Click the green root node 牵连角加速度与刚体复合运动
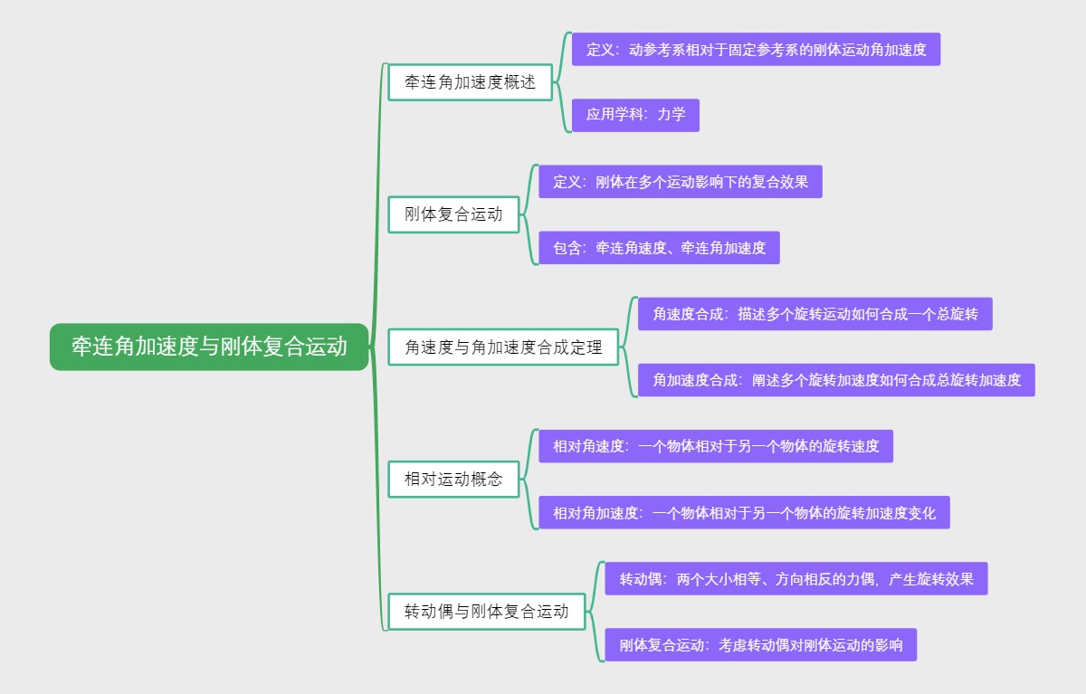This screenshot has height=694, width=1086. [x=209, y=347]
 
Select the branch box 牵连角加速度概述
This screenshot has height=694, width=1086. [x=470, y=82]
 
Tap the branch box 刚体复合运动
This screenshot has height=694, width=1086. [x=453, y=214]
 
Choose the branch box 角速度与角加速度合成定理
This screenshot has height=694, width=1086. [x=503, y=347]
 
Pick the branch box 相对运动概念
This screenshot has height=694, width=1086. [x=453, y=479]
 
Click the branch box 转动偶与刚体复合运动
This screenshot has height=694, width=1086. [x=487, y=611]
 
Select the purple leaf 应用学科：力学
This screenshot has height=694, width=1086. [x=635, y=115]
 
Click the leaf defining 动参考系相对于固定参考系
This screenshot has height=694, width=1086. [x=756, y=50]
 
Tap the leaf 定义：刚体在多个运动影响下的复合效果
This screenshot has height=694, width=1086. [x=681, y=182]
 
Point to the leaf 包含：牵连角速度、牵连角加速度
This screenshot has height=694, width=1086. [x=659, y=248]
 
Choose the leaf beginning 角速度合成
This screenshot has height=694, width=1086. [x=814, y=314]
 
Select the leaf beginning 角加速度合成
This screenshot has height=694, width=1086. [x=836, y=380]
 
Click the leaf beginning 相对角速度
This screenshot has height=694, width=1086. [x=716, y=446]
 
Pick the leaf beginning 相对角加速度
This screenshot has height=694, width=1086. [x=744, y=512]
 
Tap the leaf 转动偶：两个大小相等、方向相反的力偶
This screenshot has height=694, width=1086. [x=796, y=578]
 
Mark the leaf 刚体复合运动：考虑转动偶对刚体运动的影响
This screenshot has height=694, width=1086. [x=760, y=644]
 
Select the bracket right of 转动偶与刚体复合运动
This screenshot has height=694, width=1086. [x=595, y=611]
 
